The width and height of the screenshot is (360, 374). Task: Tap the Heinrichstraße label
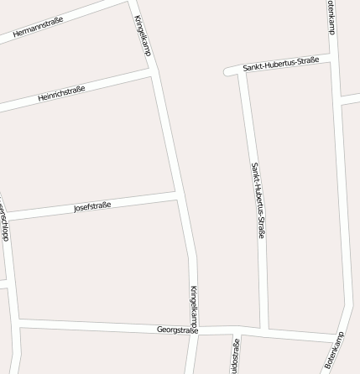click(61, 93)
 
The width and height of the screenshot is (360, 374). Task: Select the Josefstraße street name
click(92, 205)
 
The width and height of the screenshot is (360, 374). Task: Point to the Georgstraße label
click(177, 330)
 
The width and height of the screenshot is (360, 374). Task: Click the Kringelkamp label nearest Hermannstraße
click(142, 35)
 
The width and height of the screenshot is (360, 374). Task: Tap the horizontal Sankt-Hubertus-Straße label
click(280, 64)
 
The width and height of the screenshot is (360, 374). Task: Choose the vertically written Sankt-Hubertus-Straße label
click(258, 200)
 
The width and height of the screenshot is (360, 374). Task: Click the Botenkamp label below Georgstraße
click(335, 351)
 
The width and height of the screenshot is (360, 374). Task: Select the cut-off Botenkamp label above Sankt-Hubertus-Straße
click(331, 16)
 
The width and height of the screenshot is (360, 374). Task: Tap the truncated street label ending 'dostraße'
click(236, 356)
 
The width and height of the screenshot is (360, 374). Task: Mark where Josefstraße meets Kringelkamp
click(177, 195)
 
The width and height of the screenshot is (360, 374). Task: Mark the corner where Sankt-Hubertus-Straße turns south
click(242, 70)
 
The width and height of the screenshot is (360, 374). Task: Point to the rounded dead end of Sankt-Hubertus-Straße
click(227, 72)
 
